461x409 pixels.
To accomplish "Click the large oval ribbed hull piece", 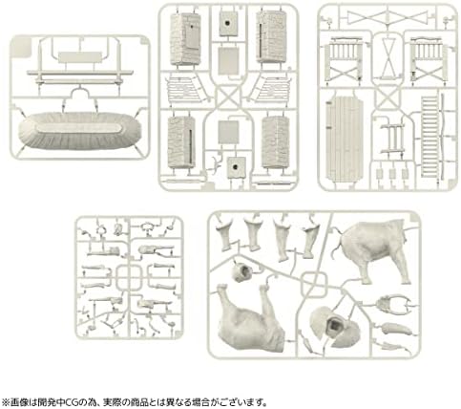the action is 79,131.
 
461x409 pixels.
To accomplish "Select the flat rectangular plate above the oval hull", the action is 80,57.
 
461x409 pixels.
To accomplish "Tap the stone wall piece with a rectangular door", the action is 185,39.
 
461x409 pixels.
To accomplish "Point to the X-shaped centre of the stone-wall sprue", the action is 228,97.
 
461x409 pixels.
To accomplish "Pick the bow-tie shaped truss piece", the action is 388,17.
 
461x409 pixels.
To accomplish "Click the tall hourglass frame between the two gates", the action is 388,57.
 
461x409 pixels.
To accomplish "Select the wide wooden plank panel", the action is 345,140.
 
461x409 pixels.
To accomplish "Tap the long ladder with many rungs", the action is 430,137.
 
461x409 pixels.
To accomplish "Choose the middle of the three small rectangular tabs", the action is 392,174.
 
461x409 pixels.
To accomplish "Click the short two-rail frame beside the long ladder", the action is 392,139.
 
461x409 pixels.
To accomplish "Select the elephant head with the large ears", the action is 335,327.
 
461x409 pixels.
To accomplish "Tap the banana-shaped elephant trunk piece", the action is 397,328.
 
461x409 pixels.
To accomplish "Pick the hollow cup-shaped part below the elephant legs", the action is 241,272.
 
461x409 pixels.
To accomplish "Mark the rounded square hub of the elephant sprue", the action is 314,285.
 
